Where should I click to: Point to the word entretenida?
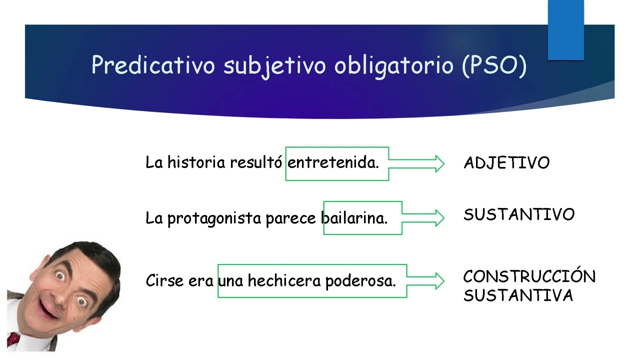[333, 163]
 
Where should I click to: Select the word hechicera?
[284, 281]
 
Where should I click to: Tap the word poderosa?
[360, 281]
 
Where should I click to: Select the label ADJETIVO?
[506, 163]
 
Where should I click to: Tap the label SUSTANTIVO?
[519, 215]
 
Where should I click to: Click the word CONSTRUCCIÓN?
[529, 276]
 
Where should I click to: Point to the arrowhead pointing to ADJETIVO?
[439, 163]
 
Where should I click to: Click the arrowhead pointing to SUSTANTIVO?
[439, 217]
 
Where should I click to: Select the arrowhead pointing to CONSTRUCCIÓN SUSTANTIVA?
[439, 280]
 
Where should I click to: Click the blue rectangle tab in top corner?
[565, 30]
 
